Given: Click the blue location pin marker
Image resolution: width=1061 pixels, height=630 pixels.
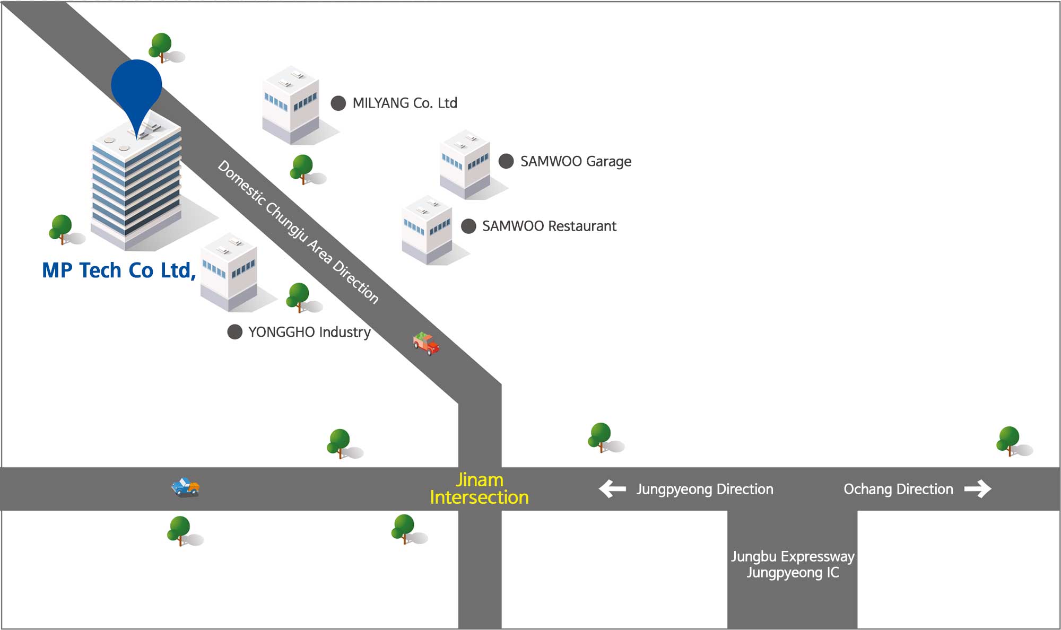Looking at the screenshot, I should (136, 87).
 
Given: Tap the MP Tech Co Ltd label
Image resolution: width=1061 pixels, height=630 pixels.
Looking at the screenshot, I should (119, 270).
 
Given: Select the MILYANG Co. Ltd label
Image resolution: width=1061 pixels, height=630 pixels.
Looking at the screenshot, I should (405, 103).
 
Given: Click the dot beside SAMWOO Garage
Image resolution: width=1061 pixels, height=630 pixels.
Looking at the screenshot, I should (506, 161).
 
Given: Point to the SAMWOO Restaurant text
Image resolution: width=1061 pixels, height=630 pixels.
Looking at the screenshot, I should (549, 226).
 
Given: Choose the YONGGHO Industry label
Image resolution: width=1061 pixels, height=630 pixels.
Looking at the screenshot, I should (309, 332).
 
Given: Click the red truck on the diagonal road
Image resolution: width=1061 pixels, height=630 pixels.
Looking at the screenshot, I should (426, 344).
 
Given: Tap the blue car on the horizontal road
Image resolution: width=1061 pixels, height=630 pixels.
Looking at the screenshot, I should (185, 487).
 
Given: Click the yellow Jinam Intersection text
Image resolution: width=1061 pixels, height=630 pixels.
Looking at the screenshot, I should (479, 488).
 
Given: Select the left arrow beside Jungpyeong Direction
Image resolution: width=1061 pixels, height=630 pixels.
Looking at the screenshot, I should (612, 488).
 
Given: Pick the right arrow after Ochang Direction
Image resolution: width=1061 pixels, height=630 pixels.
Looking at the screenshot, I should (978, 488).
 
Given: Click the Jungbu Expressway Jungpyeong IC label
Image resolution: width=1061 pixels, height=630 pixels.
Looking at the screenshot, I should (793, 564).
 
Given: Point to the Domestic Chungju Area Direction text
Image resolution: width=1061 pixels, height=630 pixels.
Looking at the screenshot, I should (298, 232).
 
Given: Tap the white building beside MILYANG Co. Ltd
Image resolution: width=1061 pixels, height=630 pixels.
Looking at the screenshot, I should (291, 106).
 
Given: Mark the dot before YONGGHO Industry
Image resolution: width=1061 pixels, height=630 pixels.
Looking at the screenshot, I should (234, 332).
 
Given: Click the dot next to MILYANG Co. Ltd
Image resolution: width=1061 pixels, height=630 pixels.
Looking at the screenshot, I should (338, 103).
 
